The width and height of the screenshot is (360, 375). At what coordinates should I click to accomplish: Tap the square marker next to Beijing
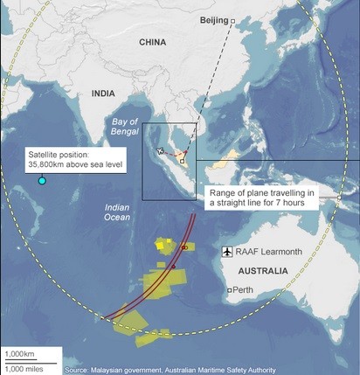pyautogui.click(x=232, y=19)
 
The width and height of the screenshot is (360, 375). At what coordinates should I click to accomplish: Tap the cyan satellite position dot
pyautogui.click(x=42, y=181)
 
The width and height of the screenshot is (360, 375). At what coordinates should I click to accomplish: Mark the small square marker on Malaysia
pyautogui.click(x=182, y=162)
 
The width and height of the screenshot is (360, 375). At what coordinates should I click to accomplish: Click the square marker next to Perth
pyautogui.click(x=229, y=289)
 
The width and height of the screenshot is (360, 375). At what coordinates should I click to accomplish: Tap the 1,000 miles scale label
pyautogui.click(x=22, y=367)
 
